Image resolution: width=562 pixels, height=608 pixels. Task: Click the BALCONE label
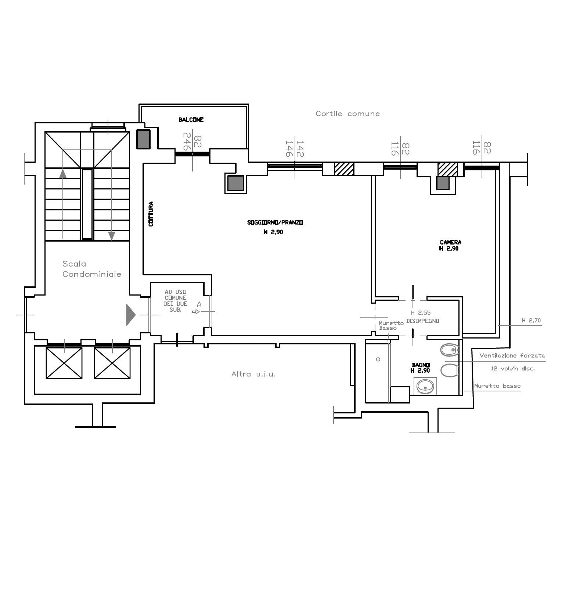[x=191, y=120]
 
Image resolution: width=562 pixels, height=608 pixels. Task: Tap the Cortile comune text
[x=347, y=114]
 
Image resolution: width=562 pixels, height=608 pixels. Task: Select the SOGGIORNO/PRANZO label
[x=275, y=222]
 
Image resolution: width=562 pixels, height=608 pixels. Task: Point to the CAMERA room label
[x=450, y=242]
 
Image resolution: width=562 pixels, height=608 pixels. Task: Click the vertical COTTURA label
[x=151, y=214]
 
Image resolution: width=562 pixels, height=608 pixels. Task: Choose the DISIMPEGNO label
[x=423, y=321]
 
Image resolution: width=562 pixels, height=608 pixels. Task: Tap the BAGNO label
[x=421, y=365]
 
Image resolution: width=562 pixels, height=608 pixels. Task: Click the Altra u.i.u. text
[x=253, y=374]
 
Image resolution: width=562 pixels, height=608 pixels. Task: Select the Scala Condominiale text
[x=91, y=269]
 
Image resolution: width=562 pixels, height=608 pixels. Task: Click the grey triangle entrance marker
[x=131, y=315]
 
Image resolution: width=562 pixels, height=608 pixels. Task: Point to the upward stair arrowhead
[x=63, y=173]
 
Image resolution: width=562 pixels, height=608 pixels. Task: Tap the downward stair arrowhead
[x=111, y=236]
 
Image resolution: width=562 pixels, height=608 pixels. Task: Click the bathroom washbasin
[x=426, y=386]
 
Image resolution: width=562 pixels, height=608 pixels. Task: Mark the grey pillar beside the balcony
[x=144, y=139]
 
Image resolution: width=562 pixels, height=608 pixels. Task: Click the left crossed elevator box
[x=64, y=363]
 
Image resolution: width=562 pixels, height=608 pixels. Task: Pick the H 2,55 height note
[x=421, y=313]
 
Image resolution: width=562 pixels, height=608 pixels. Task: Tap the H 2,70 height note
[x=531, y=321]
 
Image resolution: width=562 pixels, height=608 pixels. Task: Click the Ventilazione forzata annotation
[x=512, y=355]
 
